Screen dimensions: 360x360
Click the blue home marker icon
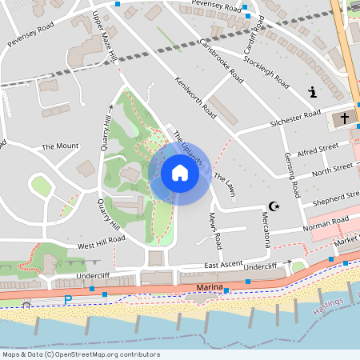pos(179,173)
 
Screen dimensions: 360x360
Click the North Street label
pos(332,169)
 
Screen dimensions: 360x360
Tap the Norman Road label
pos(326,221)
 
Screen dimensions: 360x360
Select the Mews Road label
pos(214,229)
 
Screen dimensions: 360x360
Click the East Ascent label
pos(222,264)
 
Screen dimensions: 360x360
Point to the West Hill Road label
pos(102,238)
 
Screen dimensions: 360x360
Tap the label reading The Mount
pos(61,146)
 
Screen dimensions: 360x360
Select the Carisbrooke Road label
pos(222,61)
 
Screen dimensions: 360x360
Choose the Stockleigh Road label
pos(266,70)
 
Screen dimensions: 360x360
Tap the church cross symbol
pos(345,118)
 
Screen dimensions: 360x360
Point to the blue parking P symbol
pos(68,299)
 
